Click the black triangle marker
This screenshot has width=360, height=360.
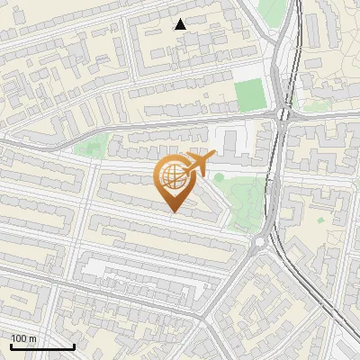(x=181, y=24)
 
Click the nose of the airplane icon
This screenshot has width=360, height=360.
(x=213, y=155)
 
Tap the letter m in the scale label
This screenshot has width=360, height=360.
(x=33, y=338)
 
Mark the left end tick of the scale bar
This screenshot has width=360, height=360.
(x=11, y=346)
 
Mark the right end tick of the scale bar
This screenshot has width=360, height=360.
(x=74, y=346)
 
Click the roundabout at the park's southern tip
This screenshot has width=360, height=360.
(x=262, y=240)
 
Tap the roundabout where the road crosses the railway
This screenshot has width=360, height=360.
(x=285, y=113)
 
